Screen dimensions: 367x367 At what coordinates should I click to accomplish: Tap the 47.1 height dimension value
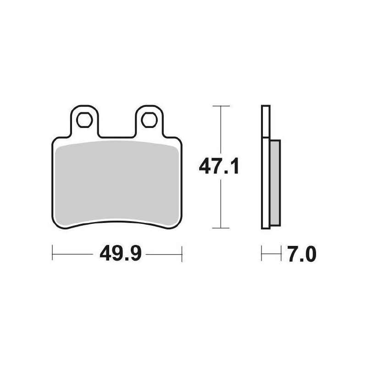[219, 167]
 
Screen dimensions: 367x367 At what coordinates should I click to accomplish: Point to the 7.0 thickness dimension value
[300, 254]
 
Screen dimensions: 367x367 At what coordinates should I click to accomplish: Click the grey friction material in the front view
[115, 183]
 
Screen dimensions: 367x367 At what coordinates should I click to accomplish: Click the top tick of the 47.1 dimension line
[222, 106]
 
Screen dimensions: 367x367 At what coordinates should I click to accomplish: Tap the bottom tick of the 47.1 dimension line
[222, 228]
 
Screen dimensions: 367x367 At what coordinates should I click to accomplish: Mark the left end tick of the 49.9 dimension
[53, 253]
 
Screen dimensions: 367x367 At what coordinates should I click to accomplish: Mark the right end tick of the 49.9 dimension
[183, 253]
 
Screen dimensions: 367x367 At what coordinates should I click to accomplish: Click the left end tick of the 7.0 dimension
[261, 253]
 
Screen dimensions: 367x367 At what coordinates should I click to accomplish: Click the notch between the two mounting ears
[116, 135]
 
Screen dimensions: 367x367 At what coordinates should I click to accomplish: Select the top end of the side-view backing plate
[265, 107]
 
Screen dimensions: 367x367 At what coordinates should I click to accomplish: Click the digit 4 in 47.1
[204, 167]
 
